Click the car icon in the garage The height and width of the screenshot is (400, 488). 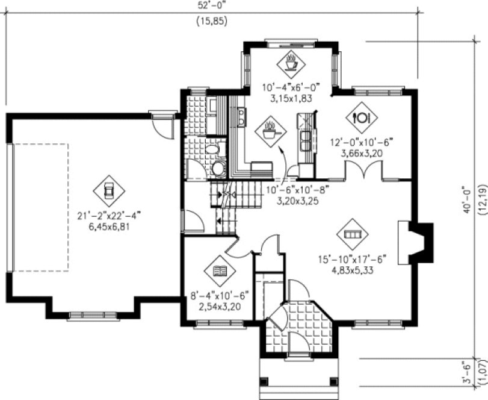click(109, 190)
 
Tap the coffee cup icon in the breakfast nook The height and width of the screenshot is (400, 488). click(291, 61)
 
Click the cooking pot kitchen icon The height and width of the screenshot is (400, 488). click(271, 131)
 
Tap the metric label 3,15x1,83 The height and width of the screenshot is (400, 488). click(290, 98)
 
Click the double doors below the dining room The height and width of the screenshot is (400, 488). click(363, 172)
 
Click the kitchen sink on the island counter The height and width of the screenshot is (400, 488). click(307, 140)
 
